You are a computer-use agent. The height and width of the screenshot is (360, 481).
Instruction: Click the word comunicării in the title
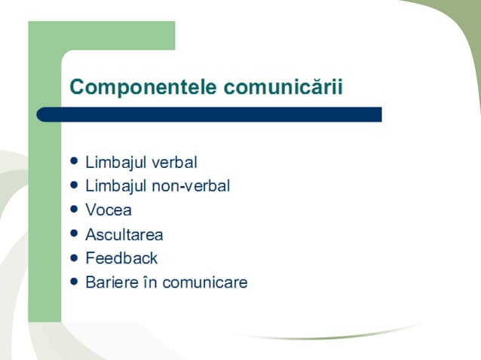[283, 87]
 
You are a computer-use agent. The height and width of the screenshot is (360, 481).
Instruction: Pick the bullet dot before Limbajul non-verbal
[73, 185]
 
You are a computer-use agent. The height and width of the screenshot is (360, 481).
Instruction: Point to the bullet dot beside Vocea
[73, 209]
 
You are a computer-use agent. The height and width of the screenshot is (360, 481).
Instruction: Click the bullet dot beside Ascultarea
[73, 233]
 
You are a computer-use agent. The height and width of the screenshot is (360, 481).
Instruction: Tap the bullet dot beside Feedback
[73, 258]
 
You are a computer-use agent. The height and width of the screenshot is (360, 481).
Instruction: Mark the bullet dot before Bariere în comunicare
[73, 282]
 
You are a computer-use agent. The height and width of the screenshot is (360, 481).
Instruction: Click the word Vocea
[109, 210]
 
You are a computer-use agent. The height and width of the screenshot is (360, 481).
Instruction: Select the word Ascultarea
[124, 234]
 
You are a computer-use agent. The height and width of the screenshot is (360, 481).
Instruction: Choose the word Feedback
[121, 258]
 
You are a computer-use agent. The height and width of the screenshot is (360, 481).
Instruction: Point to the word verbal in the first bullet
[175, 162]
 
